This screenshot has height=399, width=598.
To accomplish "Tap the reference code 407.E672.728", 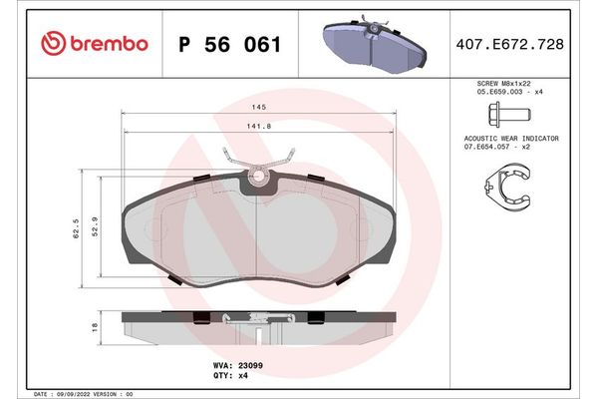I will click(x=508, y=43).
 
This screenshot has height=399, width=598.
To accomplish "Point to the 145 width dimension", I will click(x=258, y=107).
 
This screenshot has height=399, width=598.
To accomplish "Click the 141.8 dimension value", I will click(x=258, y=126).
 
